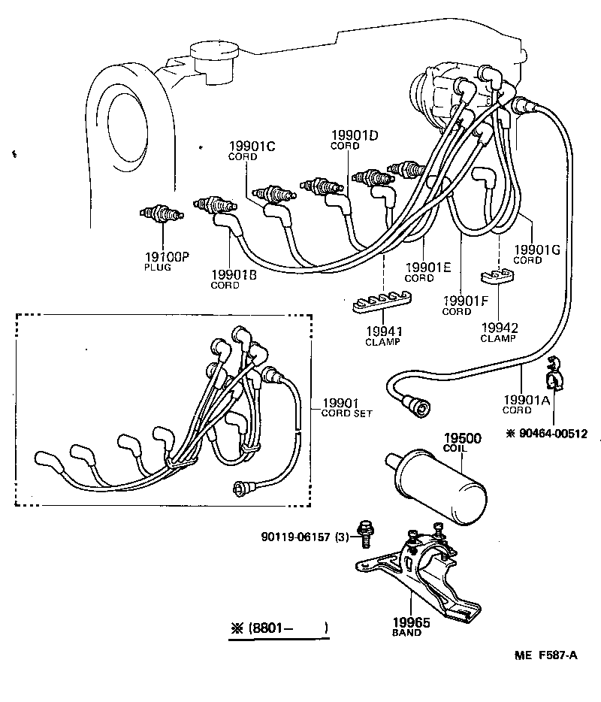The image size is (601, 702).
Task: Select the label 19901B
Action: point(234,275)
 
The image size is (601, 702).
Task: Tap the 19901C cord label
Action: point(252,147)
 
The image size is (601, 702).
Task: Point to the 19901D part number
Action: point(354,135)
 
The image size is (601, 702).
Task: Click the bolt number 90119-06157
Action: point(295,537)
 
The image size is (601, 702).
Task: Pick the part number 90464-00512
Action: point(551,434)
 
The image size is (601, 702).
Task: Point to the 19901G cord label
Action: point(536,250)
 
